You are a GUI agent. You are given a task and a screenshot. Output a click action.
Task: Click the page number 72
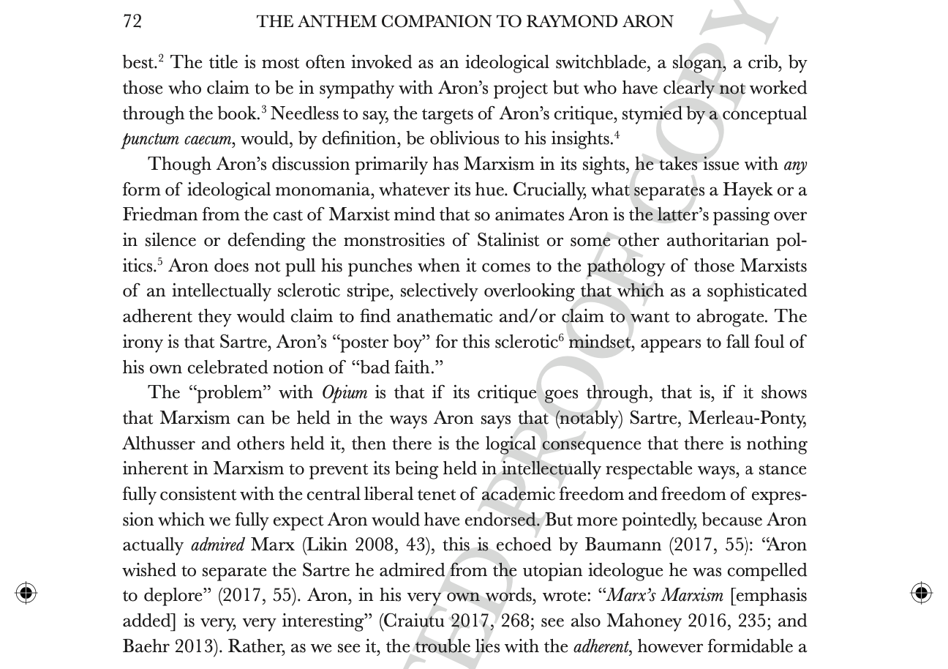(x=132, y=21)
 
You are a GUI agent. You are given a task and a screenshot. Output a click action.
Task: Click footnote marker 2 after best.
(x=160, y=58)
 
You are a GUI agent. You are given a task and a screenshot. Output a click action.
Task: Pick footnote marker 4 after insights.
(x=617, y=134)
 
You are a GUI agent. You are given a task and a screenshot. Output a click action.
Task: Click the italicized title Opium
(x=345, y=393)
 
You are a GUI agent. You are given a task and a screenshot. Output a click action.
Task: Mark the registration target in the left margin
(x=26, y=592)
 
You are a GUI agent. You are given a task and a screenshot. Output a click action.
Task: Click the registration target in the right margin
(x=921, y=592)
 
